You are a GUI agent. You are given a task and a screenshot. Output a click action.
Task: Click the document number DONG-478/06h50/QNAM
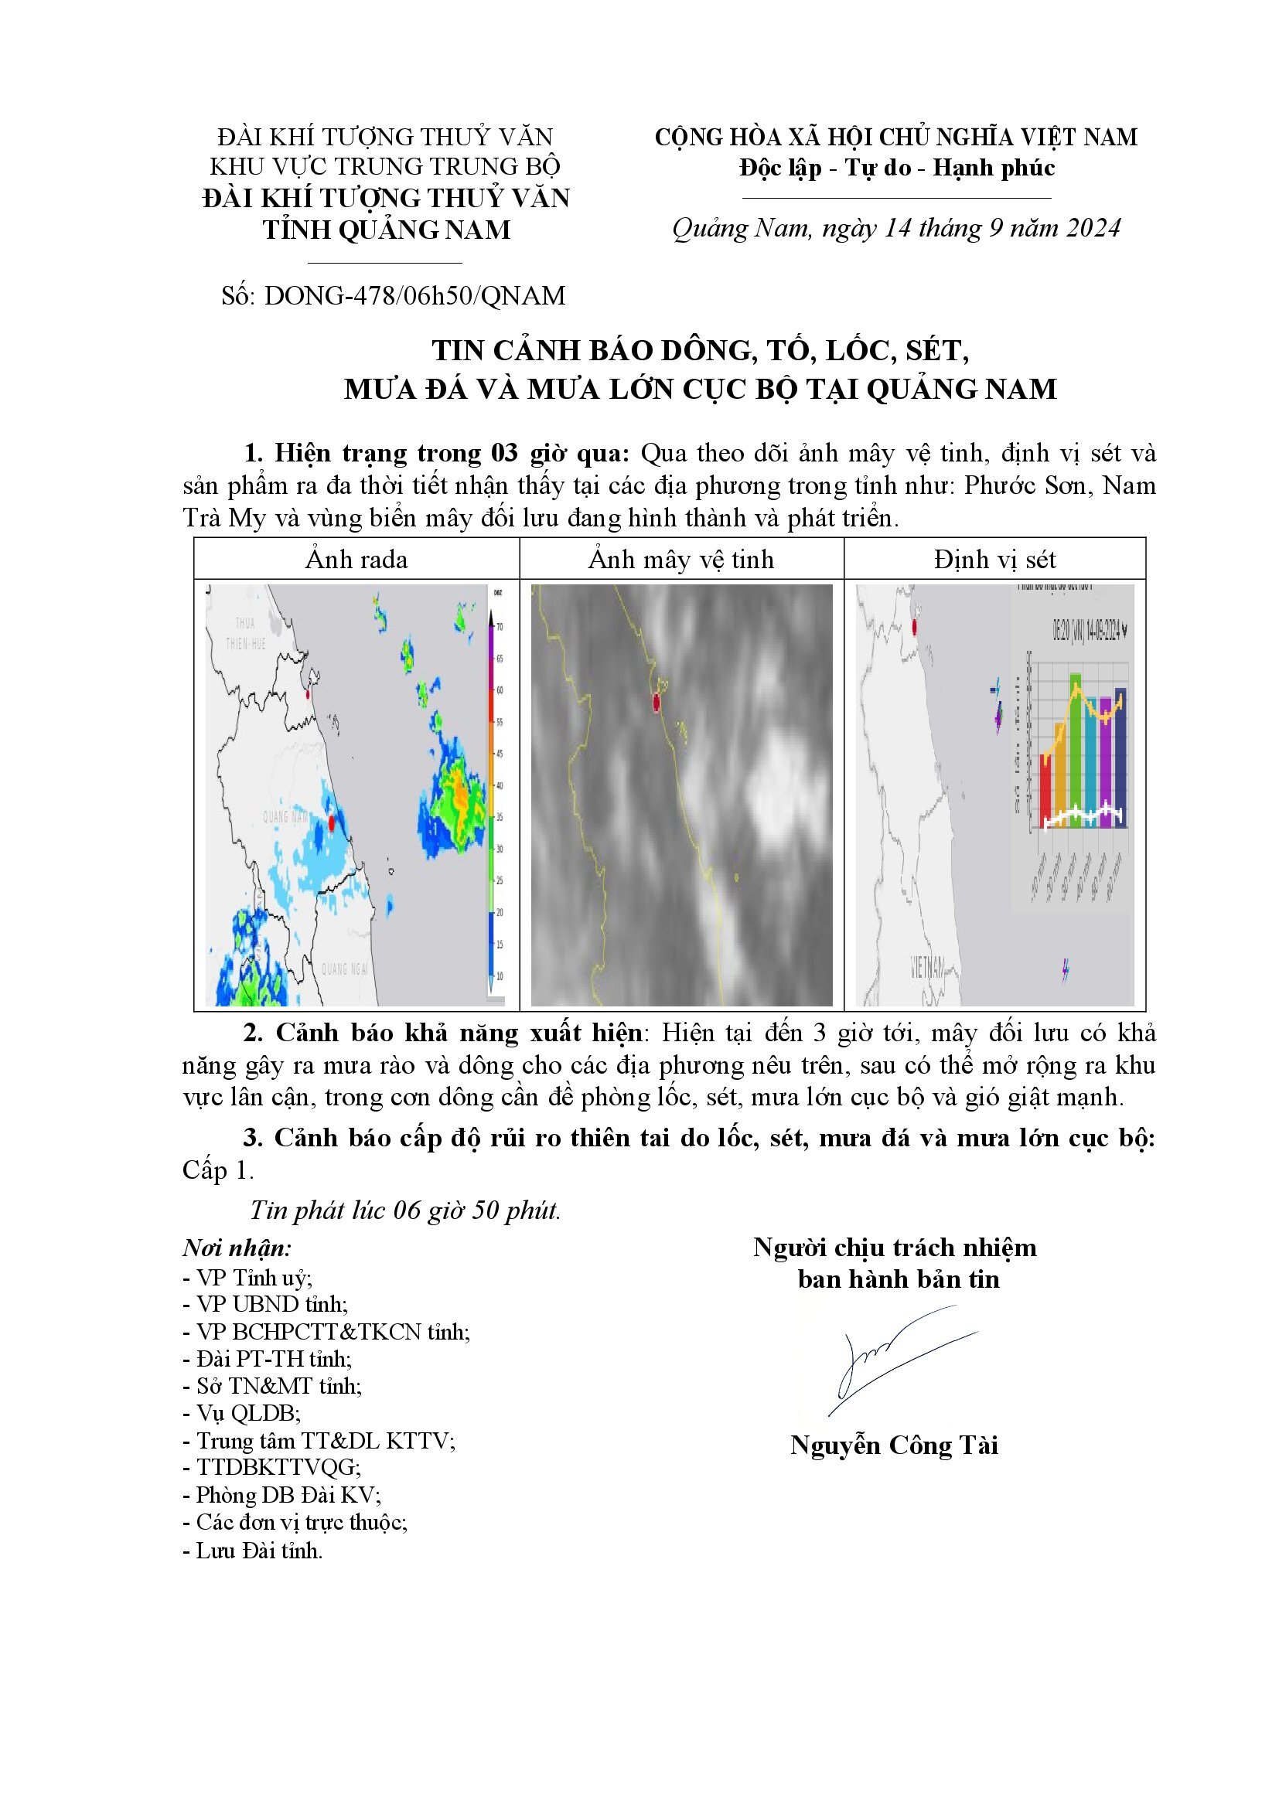tap(415, 296)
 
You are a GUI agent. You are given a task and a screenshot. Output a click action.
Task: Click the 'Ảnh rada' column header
tap(356, 560)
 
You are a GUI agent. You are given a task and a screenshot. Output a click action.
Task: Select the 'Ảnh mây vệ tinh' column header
tap(681, 560)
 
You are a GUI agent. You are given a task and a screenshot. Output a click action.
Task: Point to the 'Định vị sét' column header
tap(994, 560)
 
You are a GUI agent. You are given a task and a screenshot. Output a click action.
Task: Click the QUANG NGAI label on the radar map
tap(345, 968)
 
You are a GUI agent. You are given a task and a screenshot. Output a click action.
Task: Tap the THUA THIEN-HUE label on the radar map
tap(246, 634)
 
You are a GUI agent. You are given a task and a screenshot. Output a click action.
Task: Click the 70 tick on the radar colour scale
tap(499, 627)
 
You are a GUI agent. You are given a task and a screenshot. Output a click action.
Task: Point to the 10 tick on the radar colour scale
tap(499, 976)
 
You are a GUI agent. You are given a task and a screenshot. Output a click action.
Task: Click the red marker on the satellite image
tap(656, 703)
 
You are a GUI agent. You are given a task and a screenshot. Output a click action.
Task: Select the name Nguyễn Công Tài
tap(895, 1445)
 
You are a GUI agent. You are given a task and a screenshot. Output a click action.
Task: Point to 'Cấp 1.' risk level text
tap(218, 1171)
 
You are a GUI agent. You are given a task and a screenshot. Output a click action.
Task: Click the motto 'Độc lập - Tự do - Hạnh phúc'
tap(897, 168)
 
